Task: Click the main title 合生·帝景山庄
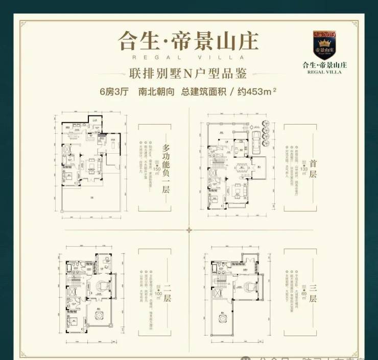coord(188,40)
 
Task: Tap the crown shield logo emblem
coord(324,45)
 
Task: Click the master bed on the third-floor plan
coord(250,286)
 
